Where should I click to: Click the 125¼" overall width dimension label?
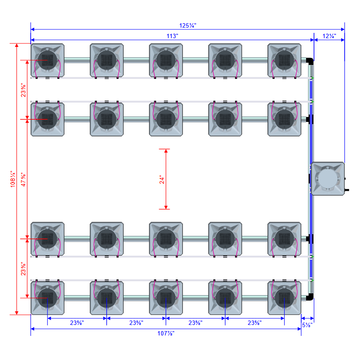187,25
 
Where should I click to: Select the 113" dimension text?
172,36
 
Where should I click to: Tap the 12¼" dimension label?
329,36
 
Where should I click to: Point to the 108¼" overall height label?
13,179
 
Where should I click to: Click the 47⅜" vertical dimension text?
24,179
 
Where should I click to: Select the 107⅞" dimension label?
166,333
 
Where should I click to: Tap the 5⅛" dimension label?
307,325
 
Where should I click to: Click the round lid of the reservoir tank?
328,179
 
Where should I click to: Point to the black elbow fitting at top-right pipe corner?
310,61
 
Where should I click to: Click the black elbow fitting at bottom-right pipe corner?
310,298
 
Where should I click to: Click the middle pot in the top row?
166,60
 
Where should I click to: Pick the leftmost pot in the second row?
47,119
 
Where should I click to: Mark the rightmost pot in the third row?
284,239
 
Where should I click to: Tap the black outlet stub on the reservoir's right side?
347,189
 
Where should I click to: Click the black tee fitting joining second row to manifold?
309,119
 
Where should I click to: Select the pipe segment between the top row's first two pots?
77,60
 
